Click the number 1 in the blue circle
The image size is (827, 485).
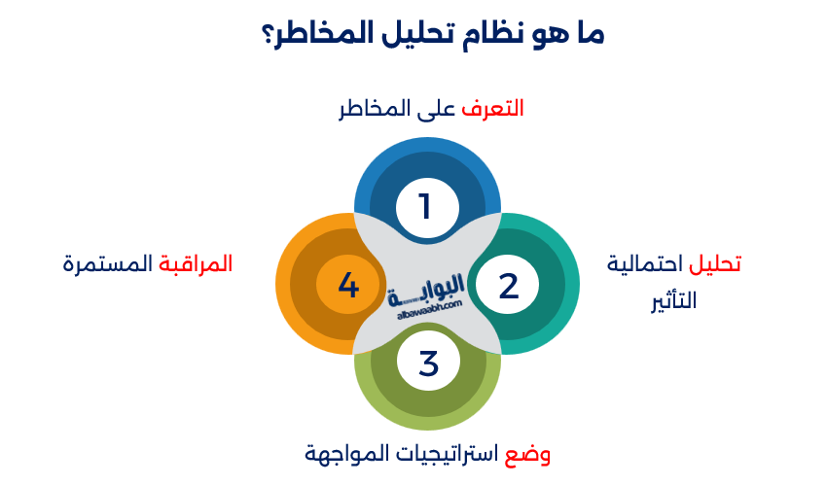(424, 207)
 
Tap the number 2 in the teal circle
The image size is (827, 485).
(508, 286)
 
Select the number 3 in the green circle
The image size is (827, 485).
(429, 364)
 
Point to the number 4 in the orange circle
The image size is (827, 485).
(348, 286)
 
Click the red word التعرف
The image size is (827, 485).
(493, 109)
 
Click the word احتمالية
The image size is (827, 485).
(648, 264)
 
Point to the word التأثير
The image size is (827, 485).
(674, 301)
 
